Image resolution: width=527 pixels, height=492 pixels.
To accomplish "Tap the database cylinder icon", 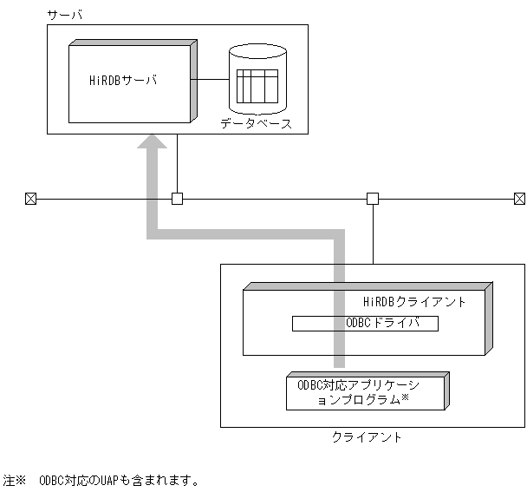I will [x=257, y=82].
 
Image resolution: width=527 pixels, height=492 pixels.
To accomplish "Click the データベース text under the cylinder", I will [x=257, y=124].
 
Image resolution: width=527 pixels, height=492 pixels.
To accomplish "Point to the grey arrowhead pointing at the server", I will [x=154, y=148].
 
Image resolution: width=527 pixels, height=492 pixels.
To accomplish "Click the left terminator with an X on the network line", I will [x=30, y=199].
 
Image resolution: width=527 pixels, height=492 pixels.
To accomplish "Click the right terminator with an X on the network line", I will [x=519, y=199].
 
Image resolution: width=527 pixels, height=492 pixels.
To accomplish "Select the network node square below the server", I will [x=177, y=199].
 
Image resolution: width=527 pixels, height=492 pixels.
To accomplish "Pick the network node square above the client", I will [x=373, y=199].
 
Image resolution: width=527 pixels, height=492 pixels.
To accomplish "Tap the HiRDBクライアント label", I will [x=414, y=302].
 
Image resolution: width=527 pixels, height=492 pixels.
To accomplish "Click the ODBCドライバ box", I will [x=364, y=324].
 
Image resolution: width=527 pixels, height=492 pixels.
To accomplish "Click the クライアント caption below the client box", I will [x=367, y=437].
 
